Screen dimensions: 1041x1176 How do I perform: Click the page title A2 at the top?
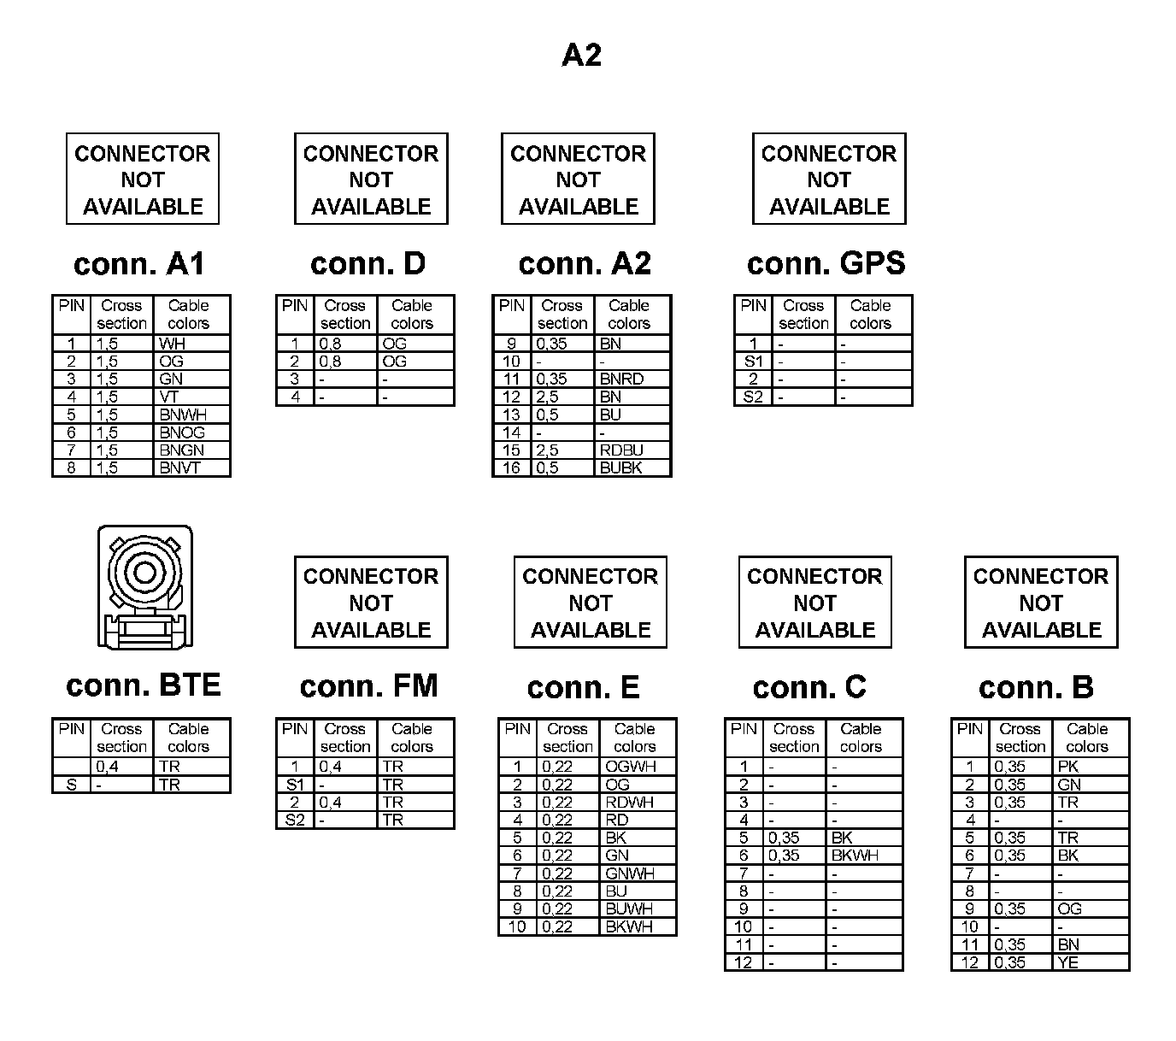[x=581, y=56]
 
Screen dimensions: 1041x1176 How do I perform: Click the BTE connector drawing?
[x=144, y=588]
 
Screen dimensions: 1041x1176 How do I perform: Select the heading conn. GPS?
[x=826, y=263]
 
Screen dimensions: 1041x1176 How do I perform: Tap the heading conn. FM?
[x=368, y=686]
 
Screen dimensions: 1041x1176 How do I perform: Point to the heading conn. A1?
[x=139, y=263]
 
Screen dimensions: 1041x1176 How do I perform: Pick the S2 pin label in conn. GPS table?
[x=753, y=397]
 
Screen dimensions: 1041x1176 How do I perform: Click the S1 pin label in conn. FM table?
[x=295, y=785]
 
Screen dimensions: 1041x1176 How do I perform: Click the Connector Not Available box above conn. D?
[x=371, y=179]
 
